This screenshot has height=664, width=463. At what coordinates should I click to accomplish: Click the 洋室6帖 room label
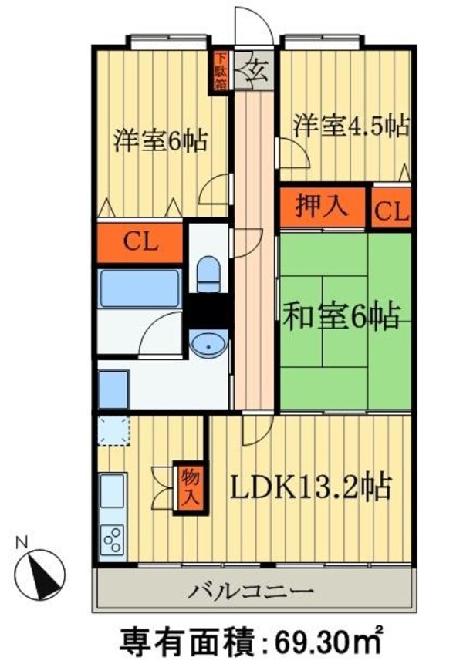coord(160,141)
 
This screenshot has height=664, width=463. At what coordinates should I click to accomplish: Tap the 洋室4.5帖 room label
coord(350,125)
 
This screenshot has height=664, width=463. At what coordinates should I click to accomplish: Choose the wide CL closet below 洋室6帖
coord(140,242)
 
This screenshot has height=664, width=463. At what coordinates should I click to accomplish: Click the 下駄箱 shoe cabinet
coord(221,72)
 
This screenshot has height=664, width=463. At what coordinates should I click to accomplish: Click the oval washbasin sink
coord(208,345)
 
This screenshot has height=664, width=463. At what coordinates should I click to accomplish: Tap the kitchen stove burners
coord(113,538)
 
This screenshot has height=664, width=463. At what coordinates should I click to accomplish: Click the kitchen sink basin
coord(113,490)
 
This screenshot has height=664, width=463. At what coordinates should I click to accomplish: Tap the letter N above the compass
coord(23,541)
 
